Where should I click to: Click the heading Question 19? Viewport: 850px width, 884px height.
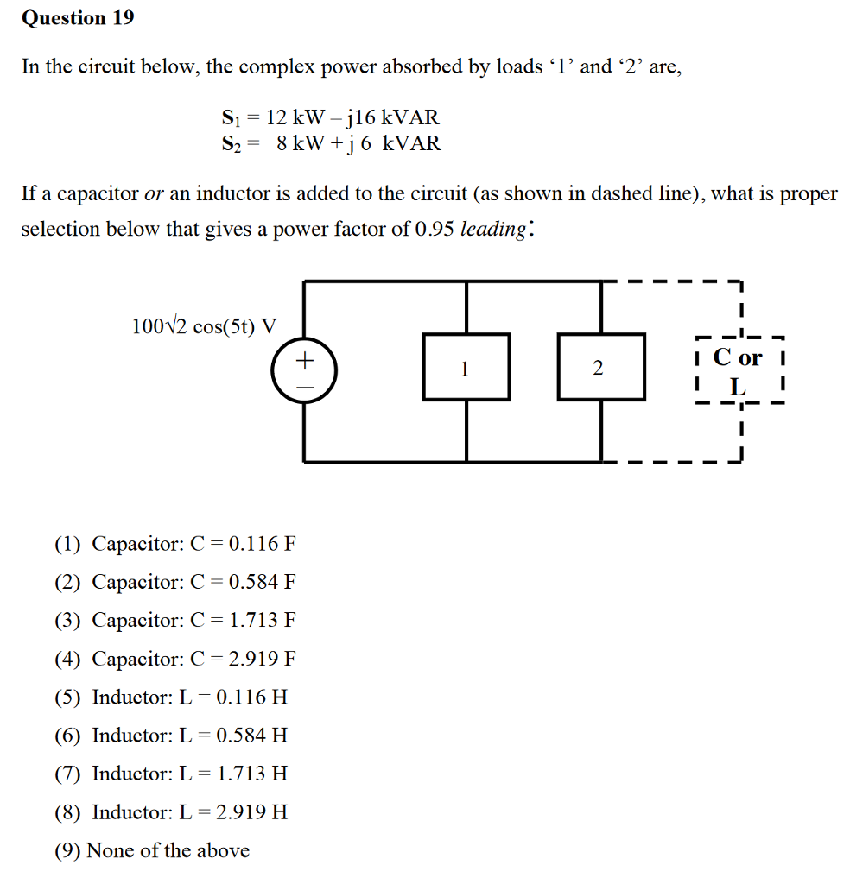click(x=78, y=18)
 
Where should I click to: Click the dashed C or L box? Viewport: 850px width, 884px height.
click(x=739, y=370)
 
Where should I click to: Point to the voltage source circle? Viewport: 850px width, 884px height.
click(x=304, y=372)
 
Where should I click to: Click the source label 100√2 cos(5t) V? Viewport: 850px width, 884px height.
click(x=205, y=326)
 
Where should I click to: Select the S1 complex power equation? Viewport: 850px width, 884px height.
click(x=330, y=117)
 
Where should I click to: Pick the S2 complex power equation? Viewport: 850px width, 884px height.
click(x=330, y=143)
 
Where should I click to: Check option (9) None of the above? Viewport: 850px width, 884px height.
click(x=152, y=851)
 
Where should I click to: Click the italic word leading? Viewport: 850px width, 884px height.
click(x=492, y=230)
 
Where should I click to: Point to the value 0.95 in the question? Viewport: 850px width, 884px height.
click(x=435, y=230)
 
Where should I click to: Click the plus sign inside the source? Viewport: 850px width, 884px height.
click(x=304, y=359)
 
